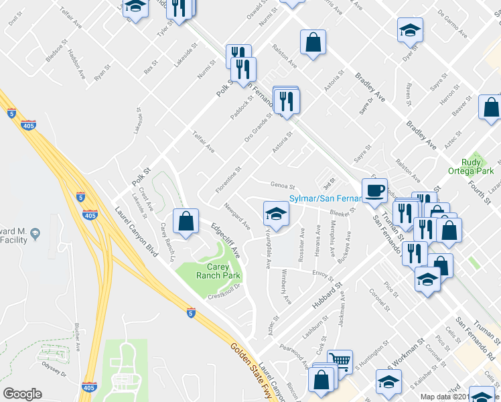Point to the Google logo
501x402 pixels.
point(22,394)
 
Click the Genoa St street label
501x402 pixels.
point(282,186)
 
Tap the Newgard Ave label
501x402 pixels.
point(237,214)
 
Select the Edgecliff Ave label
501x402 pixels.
point(226,242)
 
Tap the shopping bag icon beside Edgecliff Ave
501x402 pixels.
point(186,220)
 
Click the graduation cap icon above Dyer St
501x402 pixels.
point(410,30)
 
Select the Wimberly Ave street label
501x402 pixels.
point(286,287)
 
